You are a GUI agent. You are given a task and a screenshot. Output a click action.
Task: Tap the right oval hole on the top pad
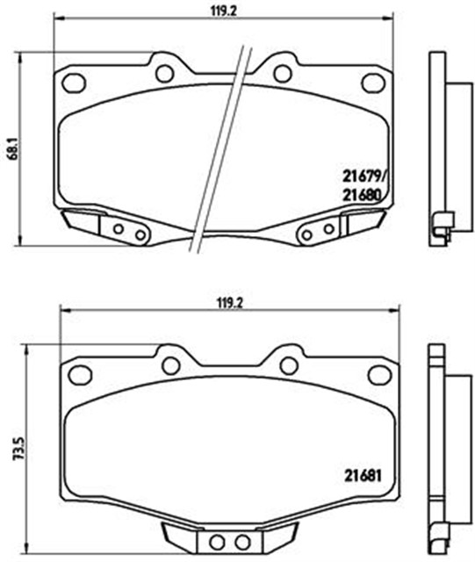click(372, 83)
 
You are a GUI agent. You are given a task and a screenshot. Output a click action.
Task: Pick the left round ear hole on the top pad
click(164, 73)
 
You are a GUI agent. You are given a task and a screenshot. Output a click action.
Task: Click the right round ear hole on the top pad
click(282, 73)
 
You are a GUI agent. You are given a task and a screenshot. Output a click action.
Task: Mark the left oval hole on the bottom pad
click(80, 374)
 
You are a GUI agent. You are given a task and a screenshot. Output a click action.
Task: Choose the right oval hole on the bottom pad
click(378, 374)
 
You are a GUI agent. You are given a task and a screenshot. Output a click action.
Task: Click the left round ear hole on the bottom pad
click(171, 364)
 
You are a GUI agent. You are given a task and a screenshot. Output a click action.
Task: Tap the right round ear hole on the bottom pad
click(288, 364)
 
